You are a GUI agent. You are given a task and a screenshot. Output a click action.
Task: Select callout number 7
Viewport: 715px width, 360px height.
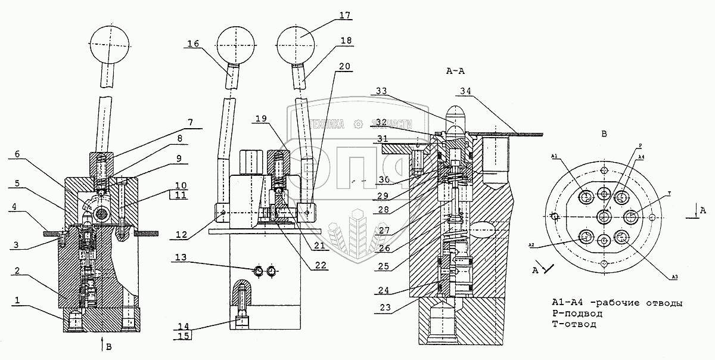[191, 123]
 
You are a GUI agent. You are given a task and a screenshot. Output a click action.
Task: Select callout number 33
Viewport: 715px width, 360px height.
[384, 90]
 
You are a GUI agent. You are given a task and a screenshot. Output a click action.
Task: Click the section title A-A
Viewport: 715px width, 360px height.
[455, 70]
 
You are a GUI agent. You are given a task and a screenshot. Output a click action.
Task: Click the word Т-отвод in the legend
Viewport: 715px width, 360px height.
[574, 324]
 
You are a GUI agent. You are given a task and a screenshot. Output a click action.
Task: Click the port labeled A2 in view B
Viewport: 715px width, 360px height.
[586, 237]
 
